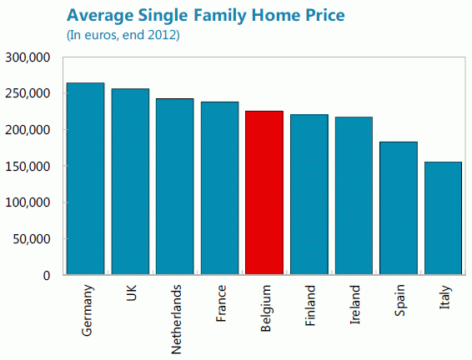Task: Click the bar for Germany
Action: click(85, 178)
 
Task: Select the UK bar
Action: click(130, 182)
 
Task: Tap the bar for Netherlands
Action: click(175, 187)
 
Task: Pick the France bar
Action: click(219, 188)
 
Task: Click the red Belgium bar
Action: click(264, 192)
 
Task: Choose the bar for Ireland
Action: click(354, 196)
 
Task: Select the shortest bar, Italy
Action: click(443, 218)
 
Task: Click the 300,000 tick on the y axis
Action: click(28, 57)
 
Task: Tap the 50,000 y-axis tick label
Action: click(32, 239)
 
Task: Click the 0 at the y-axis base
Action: click(48, 276)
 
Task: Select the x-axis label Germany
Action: click(88, 311)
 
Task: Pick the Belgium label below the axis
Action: click(265, 309)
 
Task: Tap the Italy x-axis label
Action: click(444, 299)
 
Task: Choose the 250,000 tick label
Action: click(28, 94)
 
